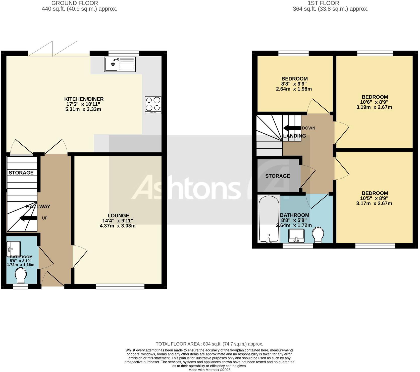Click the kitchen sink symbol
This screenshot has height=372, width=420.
[x=120, y=64]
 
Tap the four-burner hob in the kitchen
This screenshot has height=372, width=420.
[x=153, y=105]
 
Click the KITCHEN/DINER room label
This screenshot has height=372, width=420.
[x=84, y=99]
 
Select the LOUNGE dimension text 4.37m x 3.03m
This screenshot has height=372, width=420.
[x=118, y=226]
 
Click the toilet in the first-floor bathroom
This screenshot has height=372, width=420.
[x=318, y=235]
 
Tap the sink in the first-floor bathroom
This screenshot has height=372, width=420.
[x=296, y=236]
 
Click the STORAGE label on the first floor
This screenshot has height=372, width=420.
[x=278, y=176]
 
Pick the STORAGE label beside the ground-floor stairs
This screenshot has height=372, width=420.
[x=21, y=173]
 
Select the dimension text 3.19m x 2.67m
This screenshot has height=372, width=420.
[x=374, y=107]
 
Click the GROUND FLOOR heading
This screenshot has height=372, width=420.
[x=75, y=3]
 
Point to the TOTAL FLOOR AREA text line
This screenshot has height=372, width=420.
[x=209, y=344]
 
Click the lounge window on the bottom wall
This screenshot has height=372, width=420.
[x=120, y=286]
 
